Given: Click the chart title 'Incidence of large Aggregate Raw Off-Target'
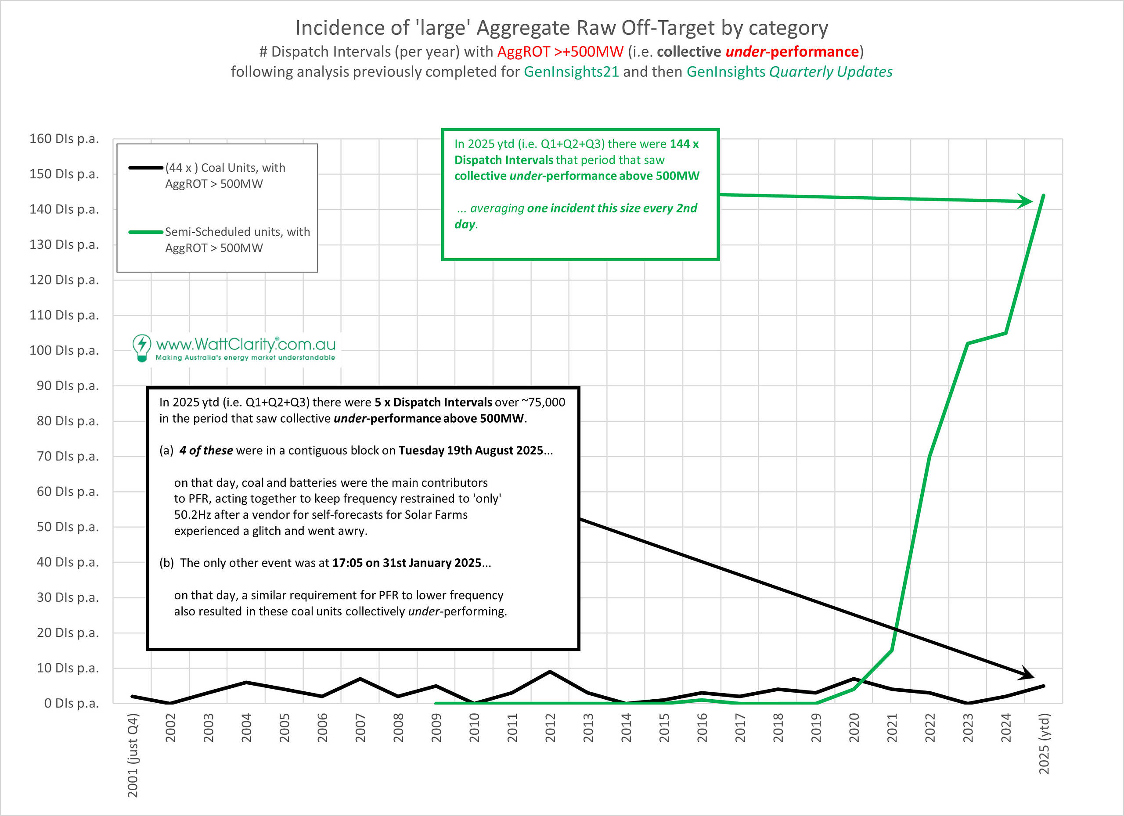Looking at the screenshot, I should click(562, 28).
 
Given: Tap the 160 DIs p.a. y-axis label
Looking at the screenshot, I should click(64, 139).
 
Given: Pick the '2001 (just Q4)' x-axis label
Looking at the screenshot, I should click(133, 755).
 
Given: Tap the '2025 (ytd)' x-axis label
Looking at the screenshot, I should click(1044, 743).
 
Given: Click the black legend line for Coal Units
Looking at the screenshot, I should click(146, 168).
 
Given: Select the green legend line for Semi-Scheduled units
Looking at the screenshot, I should click(146, 232).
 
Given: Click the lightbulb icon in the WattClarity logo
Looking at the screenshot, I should click(142, 347).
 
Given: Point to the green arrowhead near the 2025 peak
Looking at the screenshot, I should click(1025, 201).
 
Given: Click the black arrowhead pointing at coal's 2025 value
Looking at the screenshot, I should click(1026, 675).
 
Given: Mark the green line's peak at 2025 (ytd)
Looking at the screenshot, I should click(1044, 195).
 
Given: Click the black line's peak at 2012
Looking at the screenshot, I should click(550, 672).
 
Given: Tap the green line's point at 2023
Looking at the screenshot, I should click(968, 343).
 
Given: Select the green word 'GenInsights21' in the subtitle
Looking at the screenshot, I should click(571, 72).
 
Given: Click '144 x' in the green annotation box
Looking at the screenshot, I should click(684, 144).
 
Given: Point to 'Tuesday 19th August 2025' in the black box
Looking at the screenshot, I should click(471, 450).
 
